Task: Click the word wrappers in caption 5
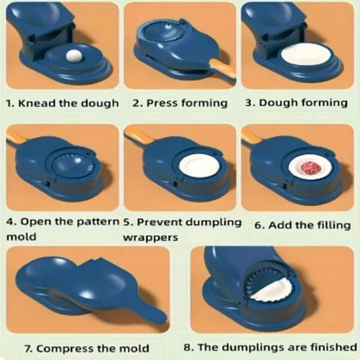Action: pyautogui.click(x=151, y=236)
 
